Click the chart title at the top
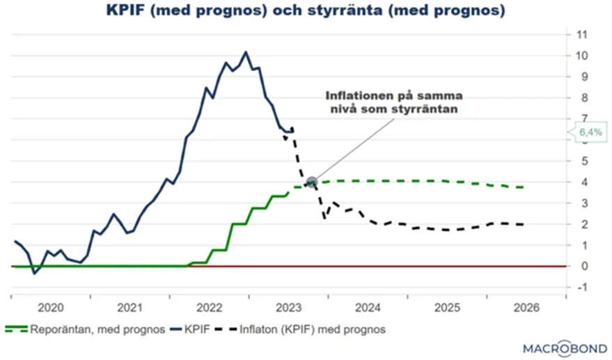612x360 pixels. point(306,12)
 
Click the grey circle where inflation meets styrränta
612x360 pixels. point(311,182)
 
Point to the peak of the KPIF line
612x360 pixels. point(245,52)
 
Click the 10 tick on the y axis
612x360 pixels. point(579,56)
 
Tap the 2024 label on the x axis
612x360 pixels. point(368,307)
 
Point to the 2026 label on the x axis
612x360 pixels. point(526,307)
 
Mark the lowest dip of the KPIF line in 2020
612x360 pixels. point(34,273)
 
